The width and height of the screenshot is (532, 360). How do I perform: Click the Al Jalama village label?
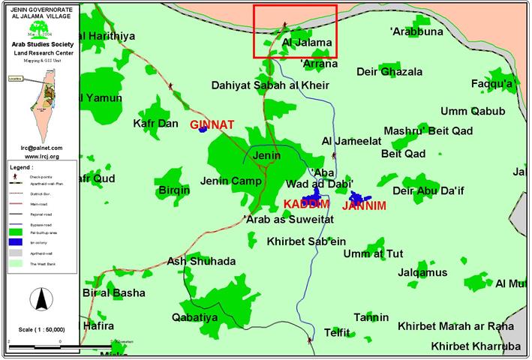click(306, 43)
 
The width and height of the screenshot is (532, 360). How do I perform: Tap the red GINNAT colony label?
click(212, 124)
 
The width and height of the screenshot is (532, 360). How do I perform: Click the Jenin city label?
click(267, 156)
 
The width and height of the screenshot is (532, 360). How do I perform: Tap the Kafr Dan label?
click(155, 122)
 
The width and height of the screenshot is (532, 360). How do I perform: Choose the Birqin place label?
click(174, 190)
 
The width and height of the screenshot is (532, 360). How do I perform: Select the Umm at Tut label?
click(373, 253)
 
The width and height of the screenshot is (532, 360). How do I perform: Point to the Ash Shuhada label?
click(201, 261)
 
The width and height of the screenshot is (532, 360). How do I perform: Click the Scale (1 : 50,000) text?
click(41, 329)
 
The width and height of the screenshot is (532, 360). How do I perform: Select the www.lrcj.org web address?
click(41, 156)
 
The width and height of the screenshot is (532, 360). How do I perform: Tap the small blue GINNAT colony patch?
click(202, 130)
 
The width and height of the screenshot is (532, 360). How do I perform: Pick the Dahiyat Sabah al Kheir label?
click(265, 85)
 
